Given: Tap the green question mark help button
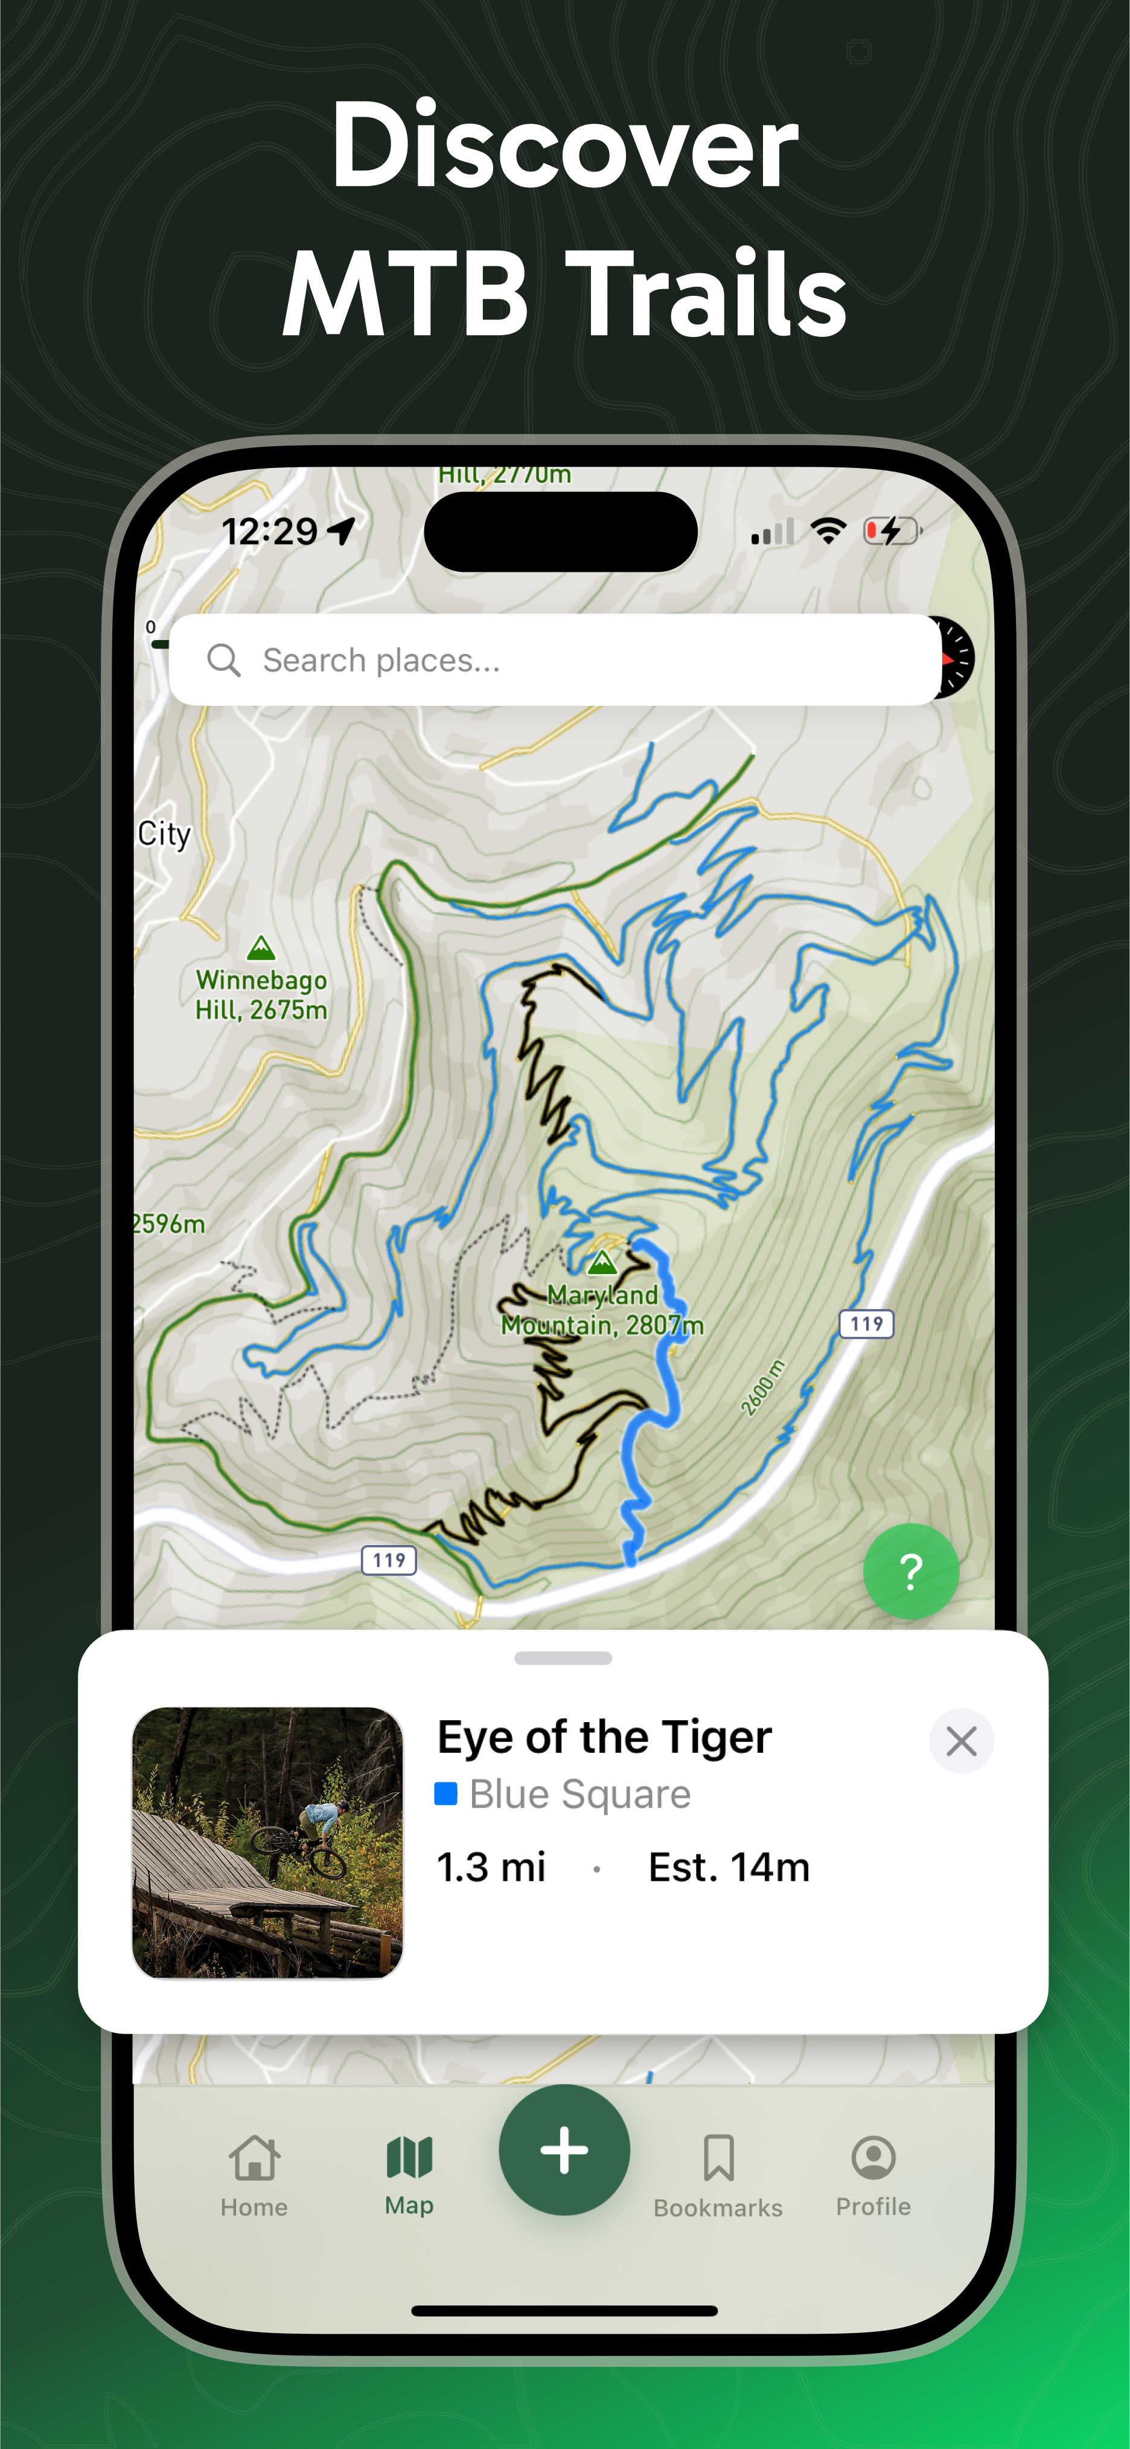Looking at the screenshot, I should coord(910,1570).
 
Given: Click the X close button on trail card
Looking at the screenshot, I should coord(961,1741).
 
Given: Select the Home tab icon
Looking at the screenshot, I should coord(254,2157).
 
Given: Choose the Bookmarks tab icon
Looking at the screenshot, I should coord(718,2157).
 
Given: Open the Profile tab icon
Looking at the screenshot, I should coord(872,2157).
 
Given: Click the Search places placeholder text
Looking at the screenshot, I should coord(381,660).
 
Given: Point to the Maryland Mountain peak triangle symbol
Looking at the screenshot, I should coord(602,1263).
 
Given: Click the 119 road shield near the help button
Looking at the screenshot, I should coord(866,1324).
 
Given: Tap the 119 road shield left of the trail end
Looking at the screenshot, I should coord(389,1560).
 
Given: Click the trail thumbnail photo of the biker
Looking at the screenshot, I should coord(267,1842).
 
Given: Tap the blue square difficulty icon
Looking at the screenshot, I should coord(445,1793).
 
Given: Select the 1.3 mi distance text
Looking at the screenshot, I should coord(490,1867).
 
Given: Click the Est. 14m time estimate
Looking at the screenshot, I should coord(728,1867).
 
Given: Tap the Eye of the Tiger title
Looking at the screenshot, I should coord(604,1737).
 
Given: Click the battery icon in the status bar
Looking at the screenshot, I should coord(892,531).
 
